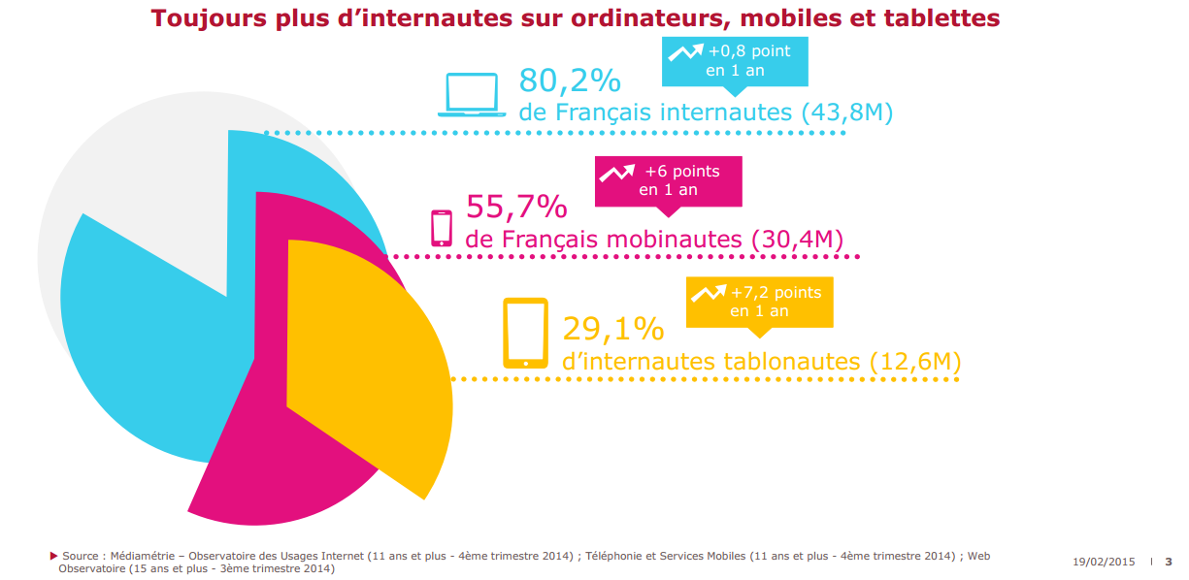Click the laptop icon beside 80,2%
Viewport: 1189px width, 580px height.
tap(472, 95)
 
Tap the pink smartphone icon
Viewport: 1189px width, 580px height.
tap(442, 228)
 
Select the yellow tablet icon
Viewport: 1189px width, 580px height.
tap(525, 334)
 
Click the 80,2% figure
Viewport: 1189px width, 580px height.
tap(570, 81)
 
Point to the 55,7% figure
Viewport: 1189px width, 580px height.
tap(516, 207)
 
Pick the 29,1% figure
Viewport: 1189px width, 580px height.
tap(613, 329)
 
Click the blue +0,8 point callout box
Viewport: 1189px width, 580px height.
tap(734, 61)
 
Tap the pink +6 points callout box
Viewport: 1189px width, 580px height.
tap(668, 180)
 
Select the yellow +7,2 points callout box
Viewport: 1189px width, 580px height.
tap(759, 302)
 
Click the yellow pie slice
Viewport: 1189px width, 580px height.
tap(369, 359)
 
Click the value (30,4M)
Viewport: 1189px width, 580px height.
tap(797, 239)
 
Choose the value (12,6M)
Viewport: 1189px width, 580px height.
tap(914, 362)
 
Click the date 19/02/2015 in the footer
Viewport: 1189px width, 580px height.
tap(1104, 562)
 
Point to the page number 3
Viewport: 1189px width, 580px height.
tap(1169, 562)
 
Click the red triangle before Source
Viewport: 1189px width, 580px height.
tap(53, 556)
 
